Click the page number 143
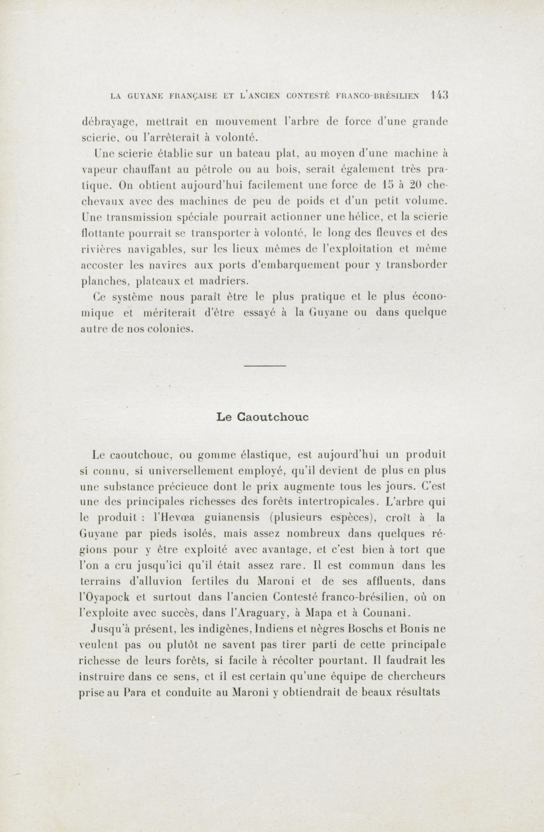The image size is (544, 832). coord(440,96)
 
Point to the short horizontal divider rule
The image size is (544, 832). coord(265,366)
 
